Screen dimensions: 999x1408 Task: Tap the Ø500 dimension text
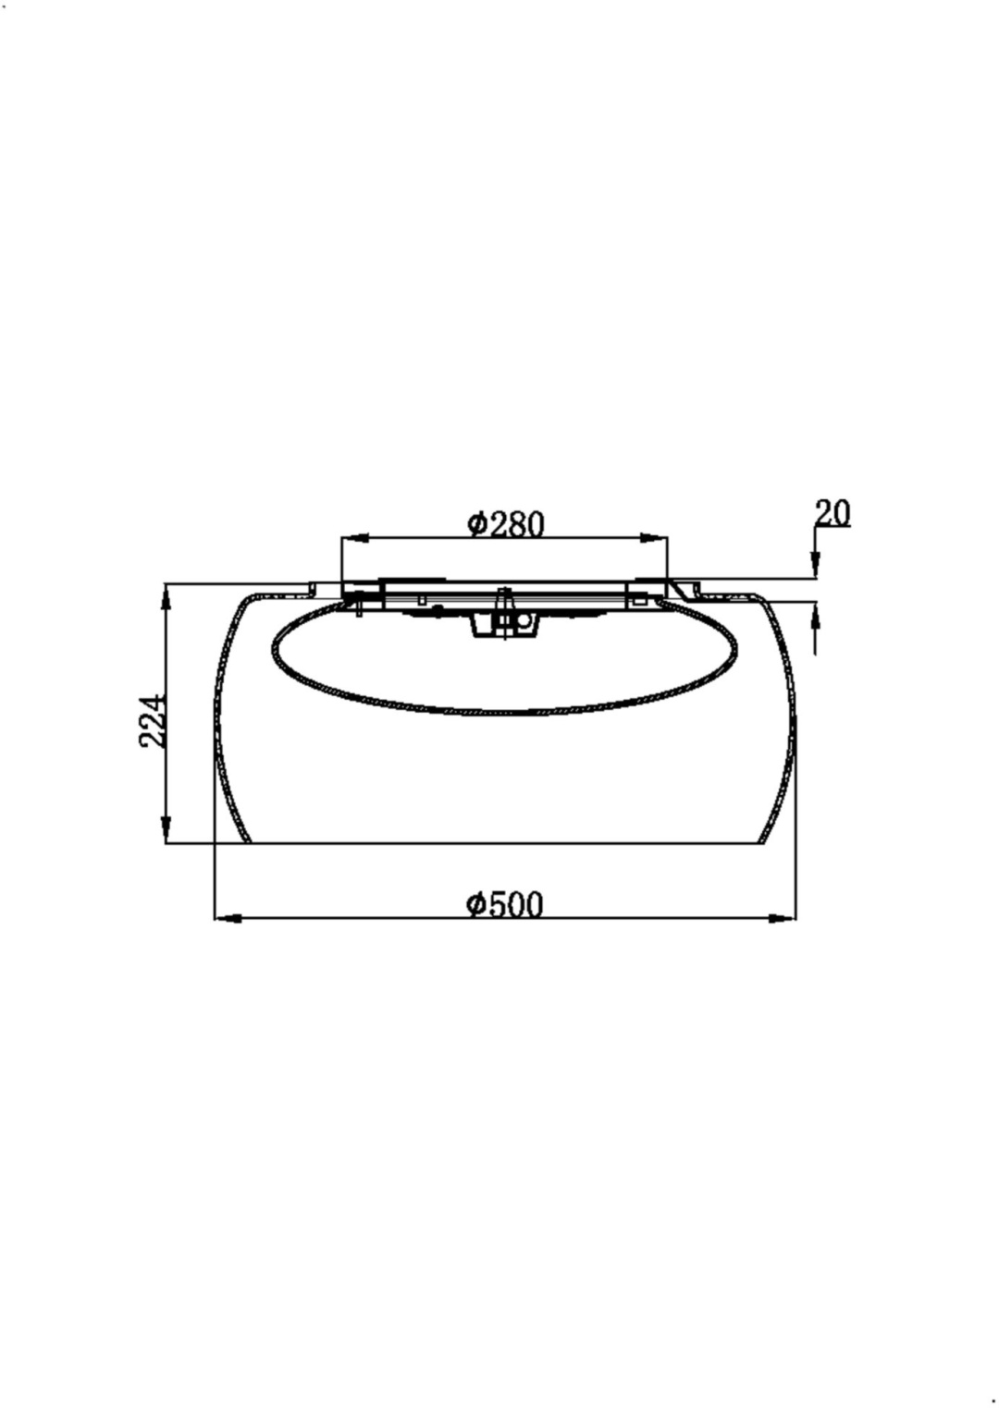[x=504, y=905]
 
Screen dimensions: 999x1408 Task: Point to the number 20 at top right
[x=832, y=513]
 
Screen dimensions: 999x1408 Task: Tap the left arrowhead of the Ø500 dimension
[x=228, y=919]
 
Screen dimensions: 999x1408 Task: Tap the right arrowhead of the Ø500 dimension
[x=782, y=919]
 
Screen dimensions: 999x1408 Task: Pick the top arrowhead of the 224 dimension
[x=166, y=598]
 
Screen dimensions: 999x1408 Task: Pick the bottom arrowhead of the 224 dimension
[x=166, y=829]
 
